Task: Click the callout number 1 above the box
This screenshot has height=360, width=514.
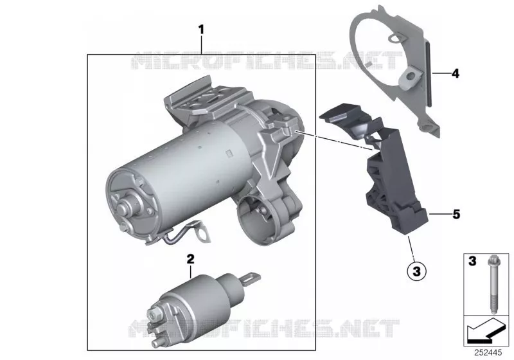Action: click(x=201, y=30)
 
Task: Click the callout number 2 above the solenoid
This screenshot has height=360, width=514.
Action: click(x=190, y=259)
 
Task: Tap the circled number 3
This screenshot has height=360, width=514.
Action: click(x=416, y=271)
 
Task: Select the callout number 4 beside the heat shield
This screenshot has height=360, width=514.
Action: click(x=456, y=73)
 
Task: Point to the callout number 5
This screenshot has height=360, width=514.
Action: click(x=456, y=215)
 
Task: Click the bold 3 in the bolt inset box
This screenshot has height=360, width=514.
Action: click(x=472, y=261)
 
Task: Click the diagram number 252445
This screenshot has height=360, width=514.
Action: click(x=488, y=352)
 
